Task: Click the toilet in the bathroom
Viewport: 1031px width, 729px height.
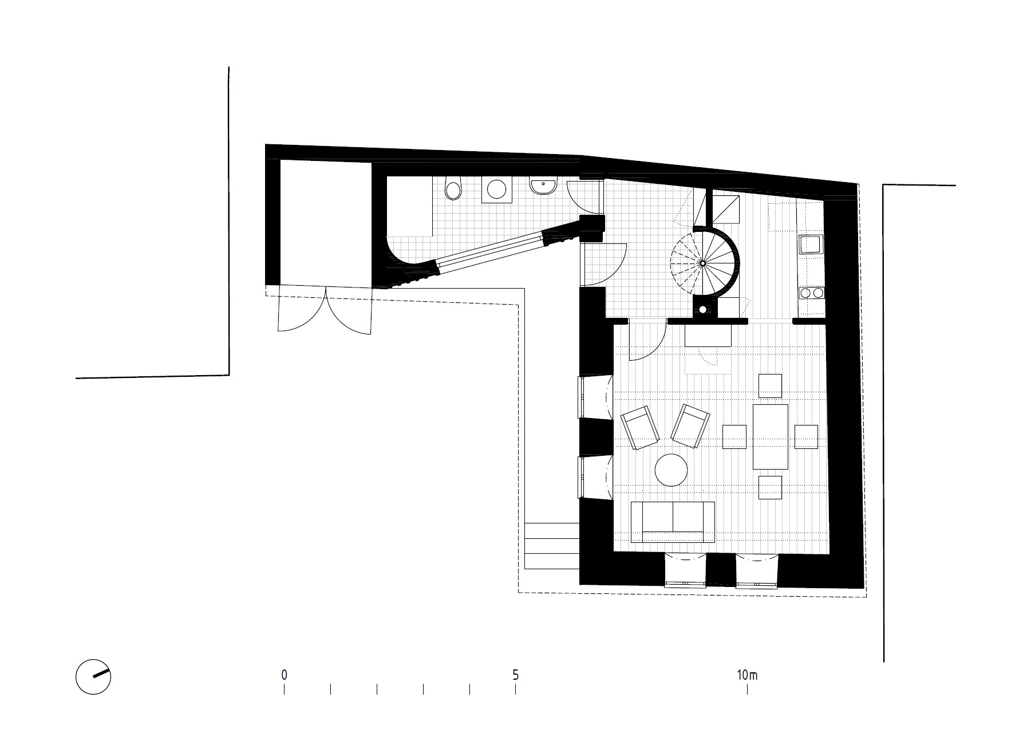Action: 453,190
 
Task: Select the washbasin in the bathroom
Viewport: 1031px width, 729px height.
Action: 543,187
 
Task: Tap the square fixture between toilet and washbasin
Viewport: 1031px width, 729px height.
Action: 496,188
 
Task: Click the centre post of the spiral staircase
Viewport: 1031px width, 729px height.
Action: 702,263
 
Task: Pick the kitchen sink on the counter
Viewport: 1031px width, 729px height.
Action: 811,244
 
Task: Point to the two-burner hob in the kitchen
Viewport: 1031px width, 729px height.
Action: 811,293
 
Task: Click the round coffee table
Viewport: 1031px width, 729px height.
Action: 671,470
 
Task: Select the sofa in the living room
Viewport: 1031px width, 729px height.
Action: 673,522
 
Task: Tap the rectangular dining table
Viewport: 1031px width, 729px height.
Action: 770,436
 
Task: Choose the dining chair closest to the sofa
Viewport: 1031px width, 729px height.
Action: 770,487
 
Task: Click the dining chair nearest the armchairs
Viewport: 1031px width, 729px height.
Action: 734,436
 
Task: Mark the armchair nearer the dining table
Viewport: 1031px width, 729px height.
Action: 690,426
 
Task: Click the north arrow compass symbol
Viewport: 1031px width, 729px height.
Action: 93,677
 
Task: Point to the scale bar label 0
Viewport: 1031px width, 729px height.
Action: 284,675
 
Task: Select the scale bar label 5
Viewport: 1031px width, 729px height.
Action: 516,675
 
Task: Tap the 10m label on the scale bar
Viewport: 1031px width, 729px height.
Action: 747,675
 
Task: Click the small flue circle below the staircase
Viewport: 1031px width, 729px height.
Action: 702,310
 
